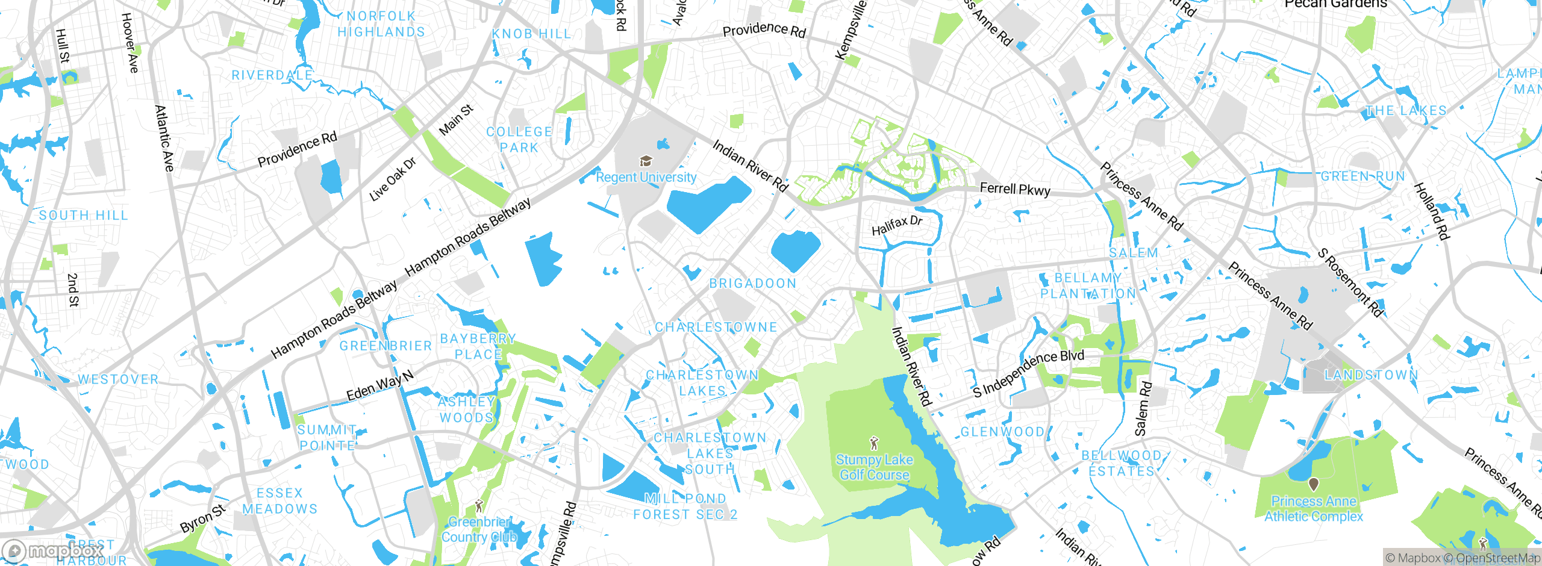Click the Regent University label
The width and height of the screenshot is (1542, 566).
click(x=646, y=177)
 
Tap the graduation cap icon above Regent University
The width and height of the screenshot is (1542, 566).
click(x=646, y=161)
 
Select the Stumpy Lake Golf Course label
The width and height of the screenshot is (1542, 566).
click(x=874, y=467)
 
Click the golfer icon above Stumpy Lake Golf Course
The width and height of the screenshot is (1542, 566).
click(x=874, y=444)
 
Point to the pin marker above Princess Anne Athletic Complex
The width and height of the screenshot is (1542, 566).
click(x=1314, y=484)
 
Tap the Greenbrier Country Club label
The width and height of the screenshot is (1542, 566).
click(x=479, y=529)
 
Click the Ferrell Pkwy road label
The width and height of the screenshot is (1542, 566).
click(x=1015, y=189)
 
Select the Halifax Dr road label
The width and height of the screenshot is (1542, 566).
click(x=897, y=225)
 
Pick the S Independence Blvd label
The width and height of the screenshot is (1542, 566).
click(x=1028, y=373)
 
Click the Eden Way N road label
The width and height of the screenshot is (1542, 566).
click(x=380, y=386)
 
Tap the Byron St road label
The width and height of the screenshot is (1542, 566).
click(x=203, y=518)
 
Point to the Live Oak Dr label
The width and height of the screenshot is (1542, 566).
click(x=392, y=179)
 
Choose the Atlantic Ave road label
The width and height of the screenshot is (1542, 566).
click(x=164, y=138)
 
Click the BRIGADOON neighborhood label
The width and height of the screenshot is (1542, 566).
click(x=753, y=284)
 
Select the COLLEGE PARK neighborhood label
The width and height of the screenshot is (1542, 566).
click(x=519, y=140)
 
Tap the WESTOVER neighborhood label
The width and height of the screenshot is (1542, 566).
click(x=118, y=379)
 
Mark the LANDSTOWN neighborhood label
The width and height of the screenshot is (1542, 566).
click(x=1371, y=375)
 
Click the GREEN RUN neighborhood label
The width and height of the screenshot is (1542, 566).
click(x=1363, y=176)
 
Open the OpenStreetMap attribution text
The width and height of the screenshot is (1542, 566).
click(x=1497, y=558)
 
